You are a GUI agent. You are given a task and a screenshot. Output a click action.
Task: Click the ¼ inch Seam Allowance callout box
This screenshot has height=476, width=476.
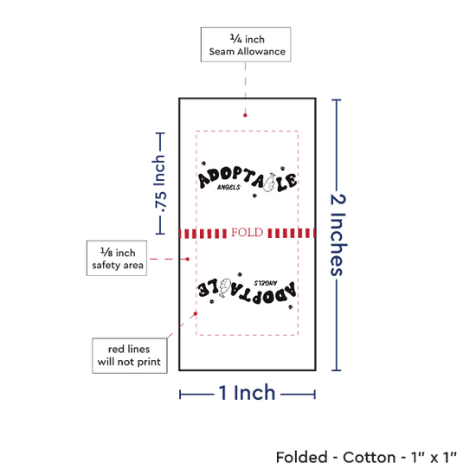[246, 45]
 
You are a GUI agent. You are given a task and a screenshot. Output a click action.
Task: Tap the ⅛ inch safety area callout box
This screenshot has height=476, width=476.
[117, 259]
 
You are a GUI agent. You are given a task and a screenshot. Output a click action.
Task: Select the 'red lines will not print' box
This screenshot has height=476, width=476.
[130, 356]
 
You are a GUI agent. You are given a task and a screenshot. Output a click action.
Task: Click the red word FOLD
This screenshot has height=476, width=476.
[248, 233]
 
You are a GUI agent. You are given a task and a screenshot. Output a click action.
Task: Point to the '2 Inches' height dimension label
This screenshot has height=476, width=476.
[338, 235]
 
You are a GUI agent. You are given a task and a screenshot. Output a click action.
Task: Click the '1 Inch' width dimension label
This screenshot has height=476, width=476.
[248, 393]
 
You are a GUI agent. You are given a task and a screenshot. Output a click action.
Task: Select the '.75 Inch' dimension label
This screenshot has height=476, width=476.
[160, 183]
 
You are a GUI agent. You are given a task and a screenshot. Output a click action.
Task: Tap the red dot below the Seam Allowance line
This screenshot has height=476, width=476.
[245, 115]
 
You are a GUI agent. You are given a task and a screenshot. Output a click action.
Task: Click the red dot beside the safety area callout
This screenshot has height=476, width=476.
[188, 259]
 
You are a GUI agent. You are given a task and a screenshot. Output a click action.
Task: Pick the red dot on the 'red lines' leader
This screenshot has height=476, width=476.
[196, 313]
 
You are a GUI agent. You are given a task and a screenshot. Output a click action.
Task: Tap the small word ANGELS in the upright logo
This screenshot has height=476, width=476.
[228, 187]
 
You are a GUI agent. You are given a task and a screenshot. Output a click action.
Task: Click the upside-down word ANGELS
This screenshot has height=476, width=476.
[266, 283]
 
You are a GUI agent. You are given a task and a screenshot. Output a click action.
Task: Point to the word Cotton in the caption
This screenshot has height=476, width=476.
[370, 457]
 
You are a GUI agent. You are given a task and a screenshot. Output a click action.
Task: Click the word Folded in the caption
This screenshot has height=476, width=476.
[302, 457]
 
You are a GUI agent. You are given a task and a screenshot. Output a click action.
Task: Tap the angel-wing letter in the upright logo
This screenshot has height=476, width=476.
[269, 183]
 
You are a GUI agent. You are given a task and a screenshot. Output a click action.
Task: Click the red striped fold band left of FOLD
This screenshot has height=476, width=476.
[203, 234]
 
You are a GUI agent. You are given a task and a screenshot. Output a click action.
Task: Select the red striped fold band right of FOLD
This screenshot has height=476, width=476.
[292, 233]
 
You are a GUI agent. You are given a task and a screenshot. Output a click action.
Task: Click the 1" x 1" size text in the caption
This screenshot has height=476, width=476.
[434, 457]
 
